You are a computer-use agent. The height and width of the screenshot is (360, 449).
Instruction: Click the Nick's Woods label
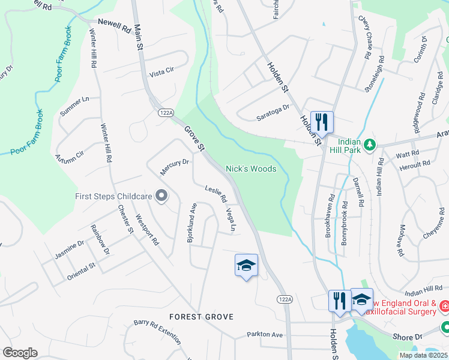[x=251, y=169]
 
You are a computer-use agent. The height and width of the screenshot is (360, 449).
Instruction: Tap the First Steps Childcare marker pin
[x=161, y=196]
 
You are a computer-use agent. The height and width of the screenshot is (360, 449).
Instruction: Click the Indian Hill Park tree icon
[x=370, y=145]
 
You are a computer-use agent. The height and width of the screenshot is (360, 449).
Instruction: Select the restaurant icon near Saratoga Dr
[x=322, y=122]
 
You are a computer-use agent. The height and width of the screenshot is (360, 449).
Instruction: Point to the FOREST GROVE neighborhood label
[x=201, y=316]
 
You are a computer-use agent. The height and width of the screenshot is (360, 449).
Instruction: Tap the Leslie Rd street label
[x=215, y=193]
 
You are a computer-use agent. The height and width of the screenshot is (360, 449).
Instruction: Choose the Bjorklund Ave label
[x=192, y=222]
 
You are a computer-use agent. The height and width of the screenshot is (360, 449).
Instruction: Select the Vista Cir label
[x=161, y=71]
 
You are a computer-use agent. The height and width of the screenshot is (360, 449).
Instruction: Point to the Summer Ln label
[x=74, y=106]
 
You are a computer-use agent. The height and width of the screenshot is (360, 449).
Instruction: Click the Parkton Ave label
[x=264, y=334]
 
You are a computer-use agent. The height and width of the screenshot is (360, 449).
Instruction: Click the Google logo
[x=20, y=353]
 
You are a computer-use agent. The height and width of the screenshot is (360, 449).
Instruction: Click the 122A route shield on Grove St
[x=167, y=112]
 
